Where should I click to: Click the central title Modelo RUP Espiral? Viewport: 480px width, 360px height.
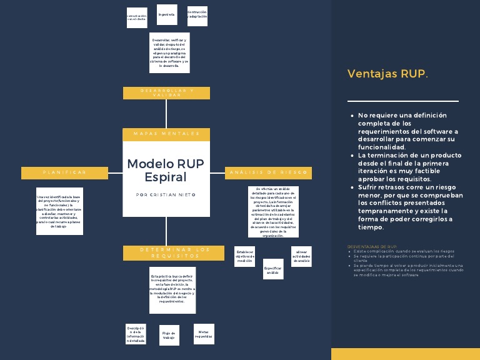click(x=166, y=170)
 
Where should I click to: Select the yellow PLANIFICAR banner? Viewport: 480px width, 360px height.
click(x=64, y=172)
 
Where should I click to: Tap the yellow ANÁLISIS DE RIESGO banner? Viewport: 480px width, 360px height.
click(x=267, y=172)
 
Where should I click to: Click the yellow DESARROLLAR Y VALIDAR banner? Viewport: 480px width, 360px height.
click(x=166, y=92)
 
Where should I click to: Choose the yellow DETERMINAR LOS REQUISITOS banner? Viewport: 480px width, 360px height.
click(x=166, y=253)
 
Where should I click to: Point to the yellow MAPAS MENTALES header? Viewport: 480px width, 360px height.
click(x=166, y=134)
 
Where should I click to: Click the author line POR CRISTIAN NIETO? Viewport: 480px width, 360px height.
click(x=166, y=195)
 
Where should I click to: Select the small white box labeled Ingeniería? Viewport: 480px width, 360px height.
click(x=166, y=14)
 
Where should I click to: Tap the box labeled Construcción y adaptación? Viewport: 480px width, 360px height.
click(x=197, y=14)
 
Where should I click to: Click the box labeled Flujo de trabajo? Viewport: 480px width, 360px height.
click(x=169, y=335)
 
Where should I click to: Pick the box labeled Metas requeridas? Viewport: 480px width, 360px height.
click(x=203, y=334)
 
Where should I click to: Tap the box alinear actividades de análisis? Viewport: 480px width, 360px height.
click(x=301, y=256)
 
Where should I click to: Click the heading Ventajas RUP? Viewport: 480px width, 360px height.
click(x=387, y=74)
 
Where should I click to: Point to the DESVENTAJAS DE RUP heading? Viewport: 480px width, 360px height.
click(x=372, y=247)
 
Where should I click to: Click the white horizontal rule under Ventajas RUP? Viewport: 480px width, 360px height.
click(x=402, y=101)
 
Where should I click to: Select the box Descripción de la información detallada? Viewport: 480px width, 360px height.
click(x=136, y=334)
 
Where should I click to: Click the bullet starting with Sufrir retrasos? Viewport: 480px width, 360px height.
click(x=411, y=207)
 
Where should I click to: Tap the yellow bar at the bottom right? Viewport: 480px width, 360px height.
click(x=405, y=354)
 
